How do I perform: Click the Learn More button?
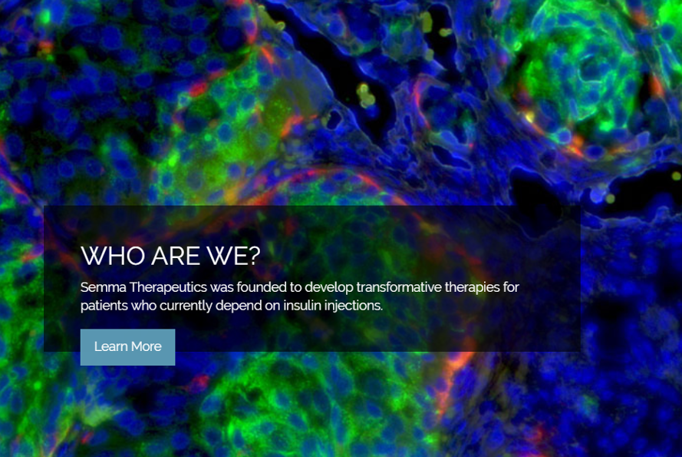pos(127,346)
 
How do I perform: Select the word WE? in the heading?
pos(233,256)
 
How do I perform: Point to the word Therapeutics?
pos(168,287)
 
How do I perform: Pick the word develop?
pos(329,288)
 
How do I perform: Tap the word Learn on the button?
pos(111,346)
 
